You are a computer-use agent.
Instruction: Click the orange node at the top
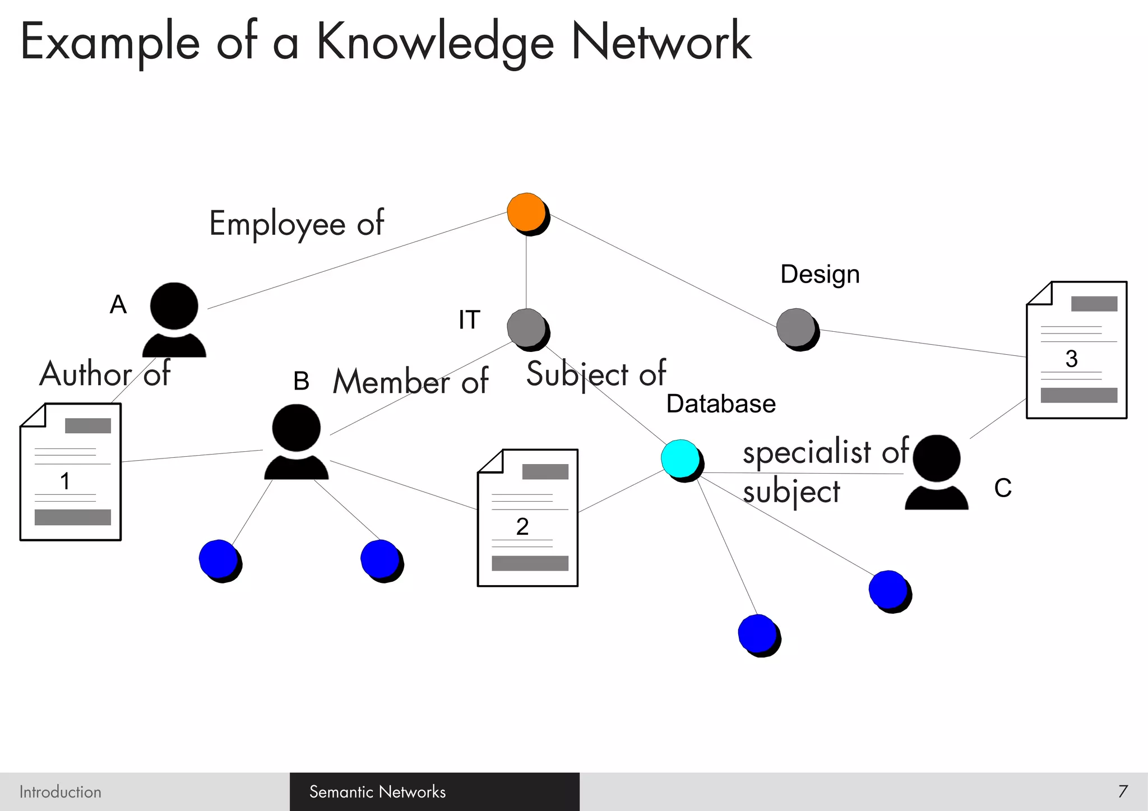tap(526, 212)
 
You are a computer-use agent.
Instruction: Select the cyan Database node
tap(681, 458)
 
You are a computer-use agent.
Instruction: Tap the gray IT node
tap(526, 328)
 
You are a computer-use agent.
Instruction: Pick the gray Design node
tap(796, 327)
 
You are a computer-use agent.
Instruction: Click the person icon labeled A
tap(174, 319)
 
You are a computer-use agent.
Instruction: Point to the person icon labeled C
tap(936, 472)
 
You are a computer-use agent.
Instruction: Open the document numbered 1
tap(71, 471)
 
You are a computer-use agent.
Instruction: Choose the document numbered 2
tap(527, 518)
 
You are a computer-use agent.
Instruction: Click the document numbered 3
tap(1076, 350)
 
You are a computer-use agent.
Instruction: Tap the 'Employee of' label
tap(297, 224)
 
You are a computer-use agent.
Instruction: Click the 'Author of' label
tap(105, 374)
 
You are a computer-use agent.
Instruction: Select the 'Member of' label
tap(411, 382)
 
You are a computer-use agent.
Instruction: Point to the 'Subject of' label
tap(596, 374)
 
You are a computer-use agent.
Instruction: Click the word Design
tap(820, 275)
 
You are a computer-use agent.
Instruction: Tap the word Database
tap(721, 404)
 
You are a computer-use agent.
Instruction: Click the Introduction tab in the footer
tap(61, 792)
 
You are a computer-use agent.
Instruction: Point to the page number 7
tap(1123, 791)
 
